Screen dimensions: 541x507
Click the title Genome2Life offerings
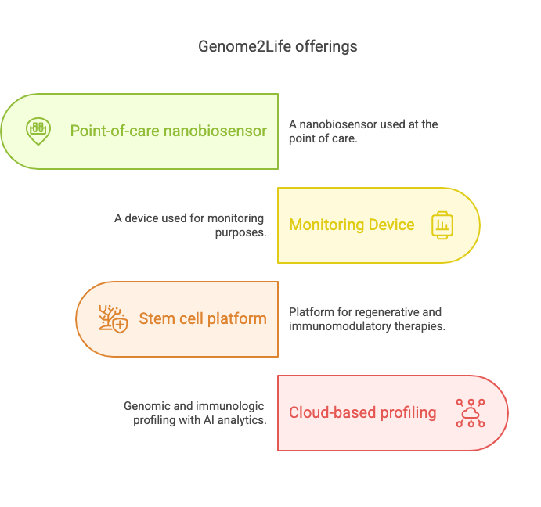click(x=278, y=47)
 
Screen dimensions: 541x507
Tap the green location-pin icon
click(x=38, y=131)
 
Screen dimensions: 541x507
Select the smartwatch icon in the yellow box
click(x=442, y=225)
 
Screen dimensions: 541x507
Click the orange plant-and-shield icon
click(x=114, y=318)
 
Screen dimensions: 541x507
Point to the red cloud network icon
click(x=471, y=413)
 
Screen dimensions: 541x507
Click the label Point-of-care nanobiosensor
click(x=168, y=131)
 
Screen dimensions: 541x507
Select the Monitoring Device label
click(x=352, y=225)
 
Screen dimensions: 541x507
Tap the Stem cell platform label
click(x=203, y=318)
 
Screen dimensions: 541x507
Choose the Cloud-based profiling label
click(x=362, y=413)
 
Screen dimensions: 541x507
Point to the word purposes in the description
click(x=240, y=233)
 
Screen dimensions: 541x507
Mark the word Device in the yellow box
click(x=391, y=225)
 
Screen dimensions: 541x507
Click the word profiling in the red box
click(x=408, y=413)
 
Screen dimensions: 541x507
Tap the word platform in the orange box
click(x=237, y=319)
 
